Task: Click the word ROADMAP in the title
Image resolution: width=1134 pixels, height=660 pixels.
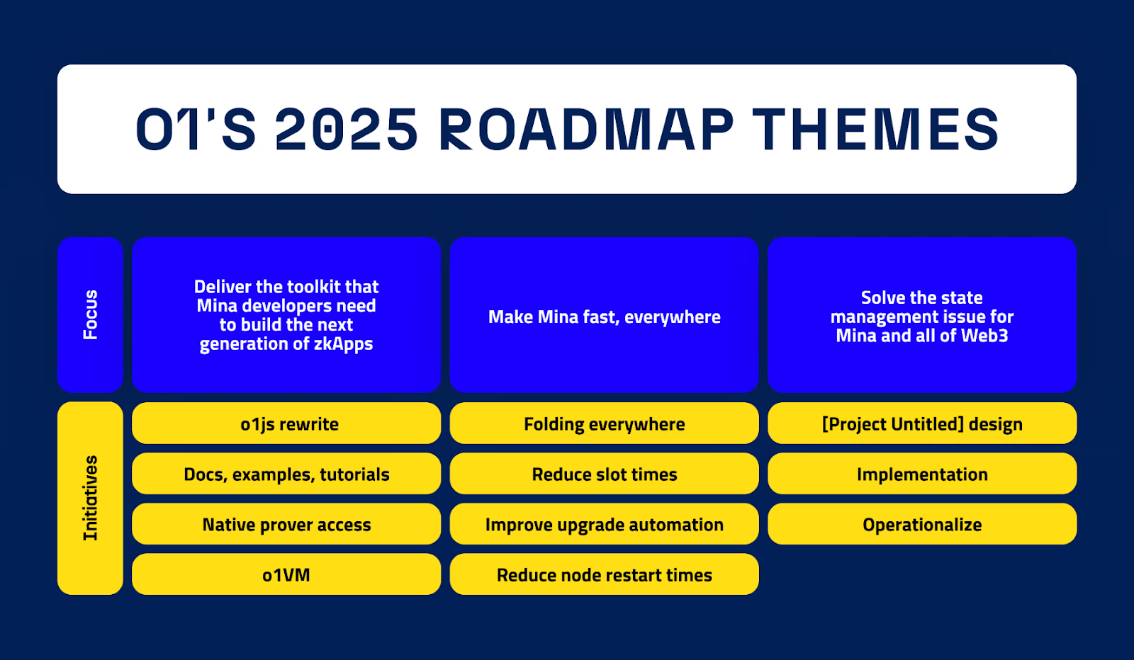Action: pos(586,130)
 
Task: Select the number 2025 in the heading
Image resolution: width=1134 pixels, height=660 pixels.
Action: pos(347,130)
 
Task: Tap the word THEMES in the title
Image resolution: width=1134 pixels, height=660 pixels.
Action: pos(876,130)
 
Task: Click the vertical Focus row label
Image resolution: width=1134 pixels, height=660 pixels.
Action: pos(90,314)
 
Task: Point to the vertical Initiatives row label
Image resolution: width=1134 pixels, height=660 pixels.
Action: pos(90,498)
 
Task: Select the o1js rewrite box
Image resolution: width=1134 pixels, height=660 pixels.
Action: pos(286,423)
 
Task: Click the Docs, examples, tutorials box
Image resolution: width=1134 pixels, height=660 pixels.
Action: pos(286,474)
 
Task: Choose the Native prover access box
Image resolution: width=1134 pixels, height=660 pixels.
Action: pos(286,524)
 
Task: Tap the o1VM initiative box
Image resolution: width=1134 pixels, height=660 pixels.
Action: pos(286,574)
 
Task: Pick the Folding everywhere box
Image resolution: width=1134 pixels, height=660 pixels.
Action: pos(605,423)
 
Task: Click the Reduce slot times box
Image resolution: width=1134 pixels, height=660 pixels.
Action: pos(605,474)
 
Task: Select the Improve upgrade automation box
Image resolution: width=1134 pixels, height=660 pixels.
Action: pos(605,524)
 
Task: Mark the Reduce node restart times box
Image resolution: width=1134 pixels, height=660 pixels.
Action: pos(605,574)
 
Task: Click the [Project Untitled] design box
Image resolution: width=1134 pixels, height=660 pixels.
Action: pos(922,423)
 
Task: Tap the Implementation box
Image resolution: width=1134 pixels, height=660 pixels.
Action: pos(922,474)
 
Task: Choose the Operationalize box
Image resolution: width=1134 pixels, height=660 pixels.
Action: pos(922,524)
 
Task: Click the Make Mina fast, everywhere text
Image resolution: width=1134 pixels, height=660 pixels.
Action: pos(605,317)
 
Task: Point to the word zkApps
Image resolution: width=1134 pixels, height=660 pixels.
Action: pos(343,344)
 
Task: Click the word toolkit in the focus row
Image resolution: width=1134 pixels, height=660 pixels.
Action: pos(309,287)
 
